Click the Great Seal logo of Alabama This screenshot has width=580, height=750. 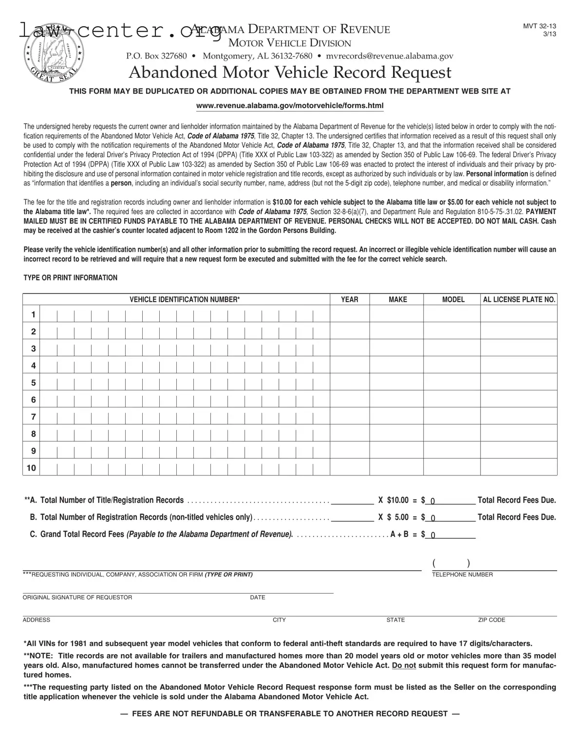coord(53,54)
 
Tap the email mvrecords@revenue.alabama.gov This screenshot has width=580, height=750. coord(389,56)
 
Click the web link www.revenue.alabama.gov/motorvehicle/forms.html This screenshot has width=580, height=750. coord(290,106)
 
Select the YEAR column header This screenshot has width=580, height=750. coord(349,299)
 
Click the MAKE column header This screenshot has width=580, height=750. coord(397,299)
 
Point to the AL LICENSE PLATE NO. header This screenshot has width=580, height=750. coord(519,299)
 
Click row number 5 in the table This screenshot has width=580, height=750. coord(33,383)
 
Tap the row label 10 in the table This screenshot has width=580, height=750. coord(32,468)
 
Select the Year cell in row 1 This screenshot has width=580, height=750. coord(349,314)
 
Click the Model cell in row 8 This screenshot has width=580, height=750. coord(451,434)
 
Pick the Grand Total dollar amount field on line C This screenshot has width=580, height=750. coord(450,534)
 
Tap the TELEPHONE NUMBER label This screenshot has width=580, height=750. coord(462,575)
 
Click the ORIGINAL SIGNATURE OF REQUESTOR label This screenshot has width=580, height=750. coord(77,597)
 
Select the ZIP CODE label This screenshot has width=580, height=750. coord(491,620)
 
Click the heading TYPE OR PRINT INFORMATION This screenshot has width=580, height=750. coord(71,277)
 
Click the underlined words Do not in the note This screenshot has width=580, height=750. coord(404,665)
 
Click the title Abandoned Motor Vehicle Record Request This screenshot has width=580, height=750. coord(290,72)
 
